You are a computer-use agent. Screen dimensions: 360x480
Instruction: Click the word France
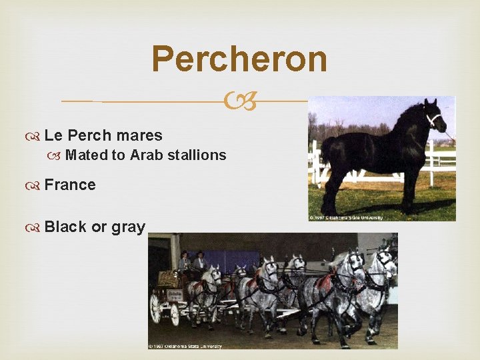tap(70, 185)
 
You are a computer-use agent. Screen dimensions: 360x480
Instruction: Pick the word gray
tap(128, 227)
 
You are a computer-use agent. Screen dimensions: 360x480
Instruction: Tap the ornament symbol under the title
tap(239, 102)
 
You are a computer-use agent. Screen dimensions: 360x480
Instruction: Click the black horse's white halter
tap(434, 120)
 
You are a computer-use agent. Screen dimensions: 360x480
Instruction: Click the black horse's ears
tap(435, 103)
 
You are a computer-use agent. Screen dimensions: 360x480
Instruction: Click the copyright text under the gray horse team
tap(185, 345)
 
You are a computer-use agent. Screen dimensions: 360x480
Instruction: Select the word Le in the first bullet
tap(53, 135)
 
